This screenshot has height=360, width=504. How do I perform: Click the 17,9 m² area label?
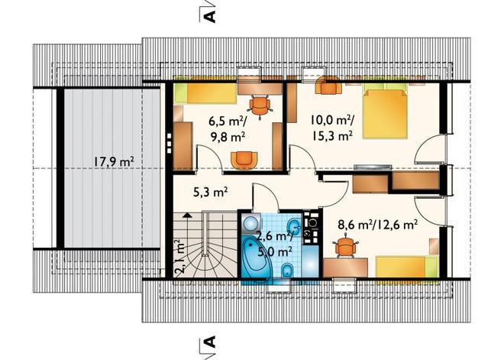pos(114,162)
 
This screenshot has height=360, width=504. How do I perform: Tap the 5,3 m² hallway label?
pos(211,193)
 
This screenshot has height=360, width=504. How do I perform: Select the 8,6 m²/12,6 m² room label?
pos(378,224)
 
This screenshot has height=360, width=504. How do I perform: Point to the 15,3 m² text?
pos(331,136)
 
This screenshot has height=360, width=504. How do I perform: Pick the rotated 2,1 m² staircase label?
pos(179,256)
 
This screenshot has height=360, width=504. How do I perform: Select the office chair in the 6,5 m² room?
pos(260,105)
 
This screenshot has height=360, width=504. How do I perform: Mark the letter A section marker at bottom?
pos(210,342)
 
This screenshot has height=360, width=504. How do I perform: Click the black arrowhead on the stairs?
pos(186,215)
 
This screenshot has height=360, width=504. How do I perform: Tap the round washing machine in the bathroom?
pos(250,223)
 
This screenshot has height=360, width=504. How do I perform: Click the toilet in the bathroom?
pos(286,271)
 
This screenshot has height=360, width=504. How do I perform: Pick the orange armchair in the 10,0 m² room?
pos(328,85)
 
